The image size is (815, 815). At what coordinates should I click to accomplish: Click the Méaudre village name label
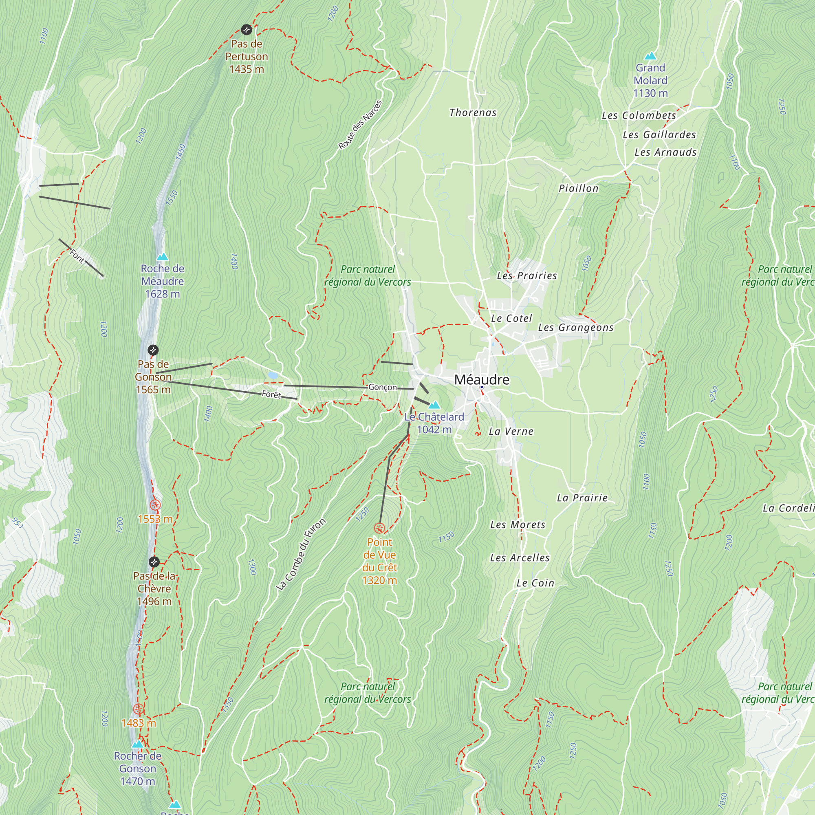point(482,380)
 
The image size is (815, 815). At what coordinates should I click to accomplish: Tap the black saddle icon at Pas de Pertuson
point(247,29)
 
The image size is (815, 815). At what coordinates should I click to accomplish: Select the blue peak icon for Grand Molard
point(650,56)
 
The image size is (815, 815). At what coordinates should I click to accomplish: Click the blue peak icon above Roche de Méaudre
point(163,257)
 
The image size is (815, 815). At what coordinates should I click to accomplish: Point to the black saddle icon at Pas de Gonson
point(153,350)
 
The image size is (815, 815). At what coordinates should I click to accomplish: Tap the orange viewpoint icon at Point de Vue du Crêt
point(380,528)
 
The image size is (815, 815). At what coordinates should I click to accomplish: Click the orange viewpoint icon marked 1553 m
point(155,504)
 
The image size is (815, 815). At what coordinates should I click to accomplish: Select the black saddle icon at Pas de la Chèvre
point(154,562)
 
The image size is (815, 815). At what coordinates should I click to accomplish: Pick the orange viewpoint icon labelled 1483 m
point(138,709)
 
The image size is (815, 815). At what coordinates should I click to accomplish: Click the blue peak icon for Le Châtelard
point(434,405)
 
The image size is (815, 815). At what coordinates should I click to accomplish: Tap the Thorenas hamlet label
point(473,112)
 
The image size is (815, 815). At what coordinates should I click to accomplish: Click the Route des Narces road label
point(360,125)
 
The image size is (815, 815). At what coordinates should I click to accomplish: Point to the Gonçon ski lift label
point(383,387)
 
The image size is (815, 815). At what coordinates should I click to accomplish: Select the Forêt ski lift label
point(271,394)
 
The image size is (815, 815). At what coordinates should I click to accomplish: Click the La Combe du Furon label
point(301,554)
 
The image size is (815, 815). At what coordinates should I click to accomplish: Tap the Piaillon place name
point(578,189)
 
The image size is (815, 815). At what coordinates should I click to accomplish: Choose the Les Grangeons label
point(575,327)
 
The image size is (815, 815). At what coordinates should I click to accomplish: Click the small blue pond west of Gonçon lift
point(273,375)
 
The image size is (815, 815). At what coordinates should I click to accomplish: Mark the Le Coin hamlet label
point(535,583)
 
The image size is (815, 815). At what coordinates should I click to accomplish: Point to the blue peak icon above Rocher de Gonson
point(137,744)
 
